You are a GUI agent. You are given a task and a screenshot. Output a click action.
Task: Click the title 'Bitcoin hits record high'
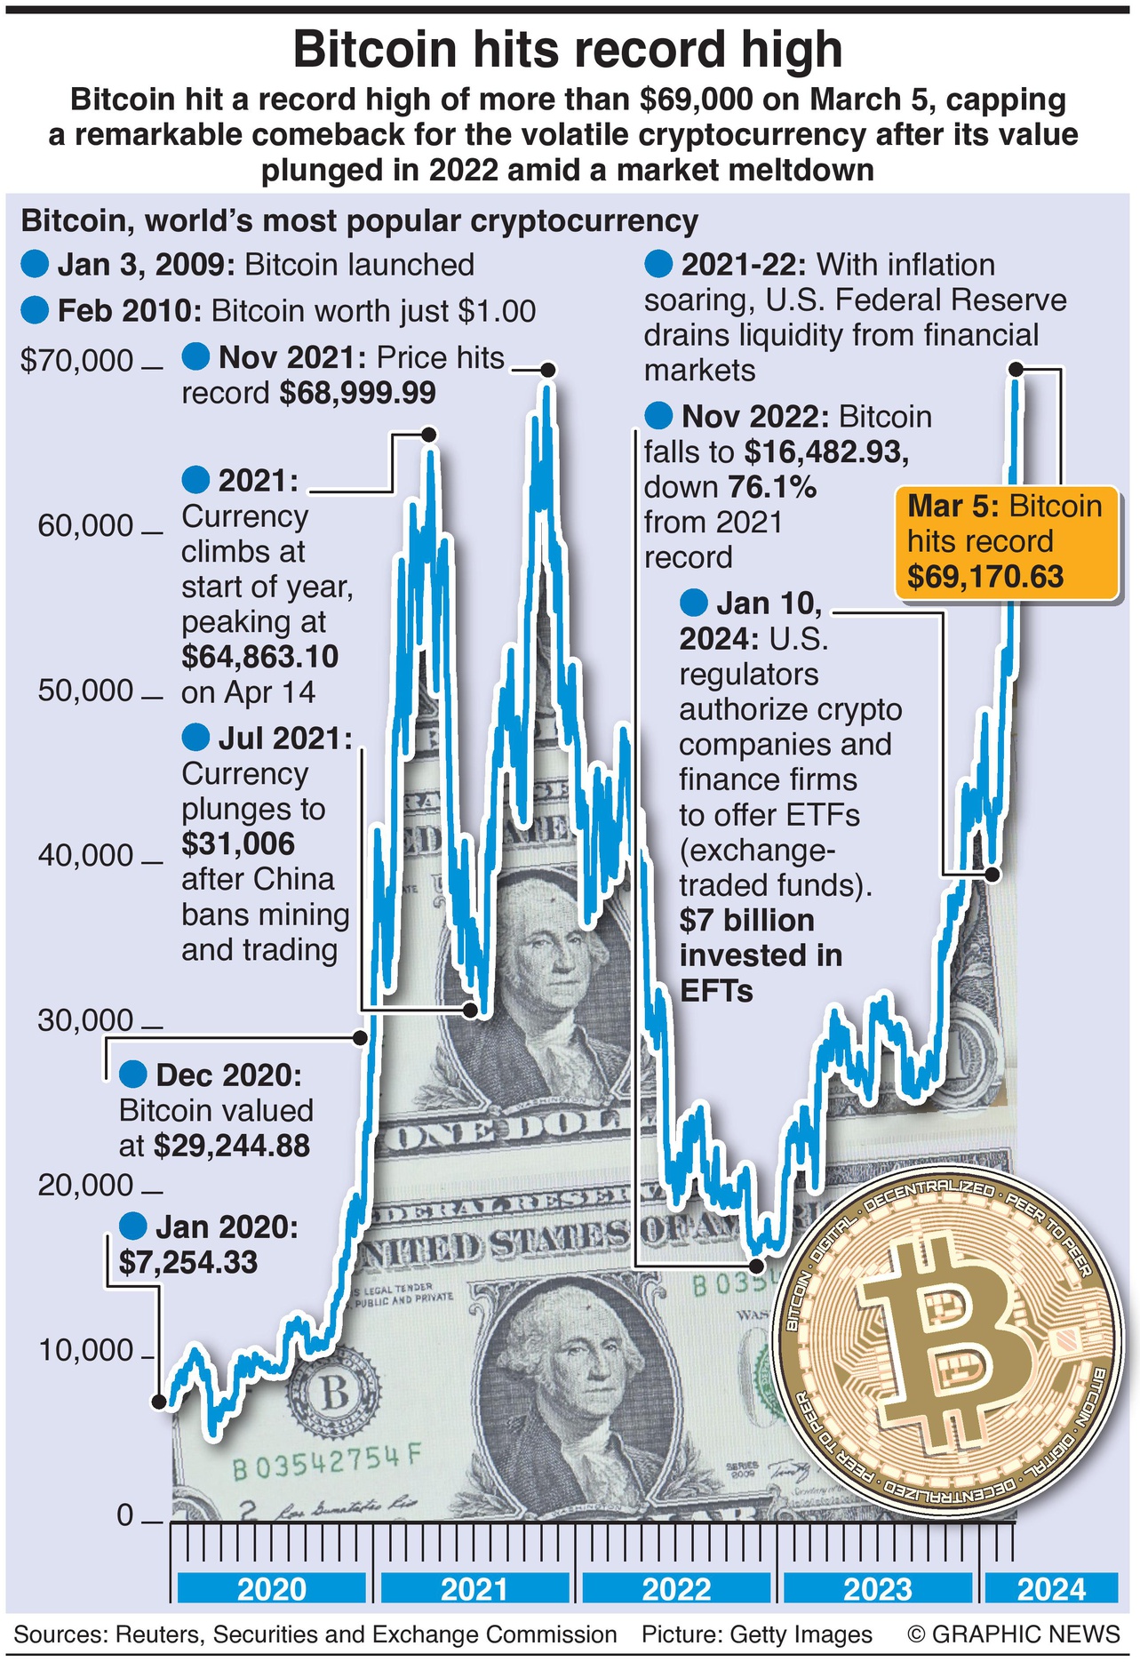point(568,50)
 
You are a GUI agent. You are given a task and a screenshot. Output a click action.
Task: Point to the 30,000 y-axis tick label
point(85,1020)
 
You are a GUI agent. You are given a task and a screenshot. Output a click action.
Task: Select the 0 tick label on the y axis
point(125,1514)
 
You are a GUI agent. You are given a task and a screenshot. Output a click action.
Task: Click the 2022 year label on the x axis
point(676,1589)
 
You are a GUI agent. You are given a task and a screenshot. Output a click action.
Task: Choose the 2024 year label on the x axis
point(1051,1589)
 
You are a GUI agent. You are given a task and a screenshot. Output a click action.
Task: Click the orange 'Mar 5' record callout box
point(1005,541)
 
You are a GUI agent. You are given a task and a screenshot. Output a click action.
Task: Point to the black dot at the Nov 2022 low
point(756,1265)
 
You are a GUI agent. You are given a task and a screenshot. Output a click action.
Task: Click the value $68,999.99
point(357,393)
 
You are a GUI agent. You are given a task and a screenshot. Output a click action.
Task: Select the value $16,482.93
point(826,451)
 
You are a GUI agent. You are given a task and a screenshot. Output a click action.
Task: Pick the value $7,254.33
point(188,1262)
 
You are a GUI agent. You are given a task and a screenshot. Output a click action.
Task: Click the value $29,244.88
point(232,1146)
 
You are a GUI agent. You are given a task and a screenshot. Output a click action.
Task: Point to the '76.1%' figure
point(771,487)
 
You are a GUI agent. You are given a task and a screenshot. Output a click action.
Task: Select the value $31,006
point(238,843)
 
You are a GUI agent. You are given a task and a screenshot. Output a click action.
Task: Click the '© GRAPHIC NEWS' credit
point(1014,1634)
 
